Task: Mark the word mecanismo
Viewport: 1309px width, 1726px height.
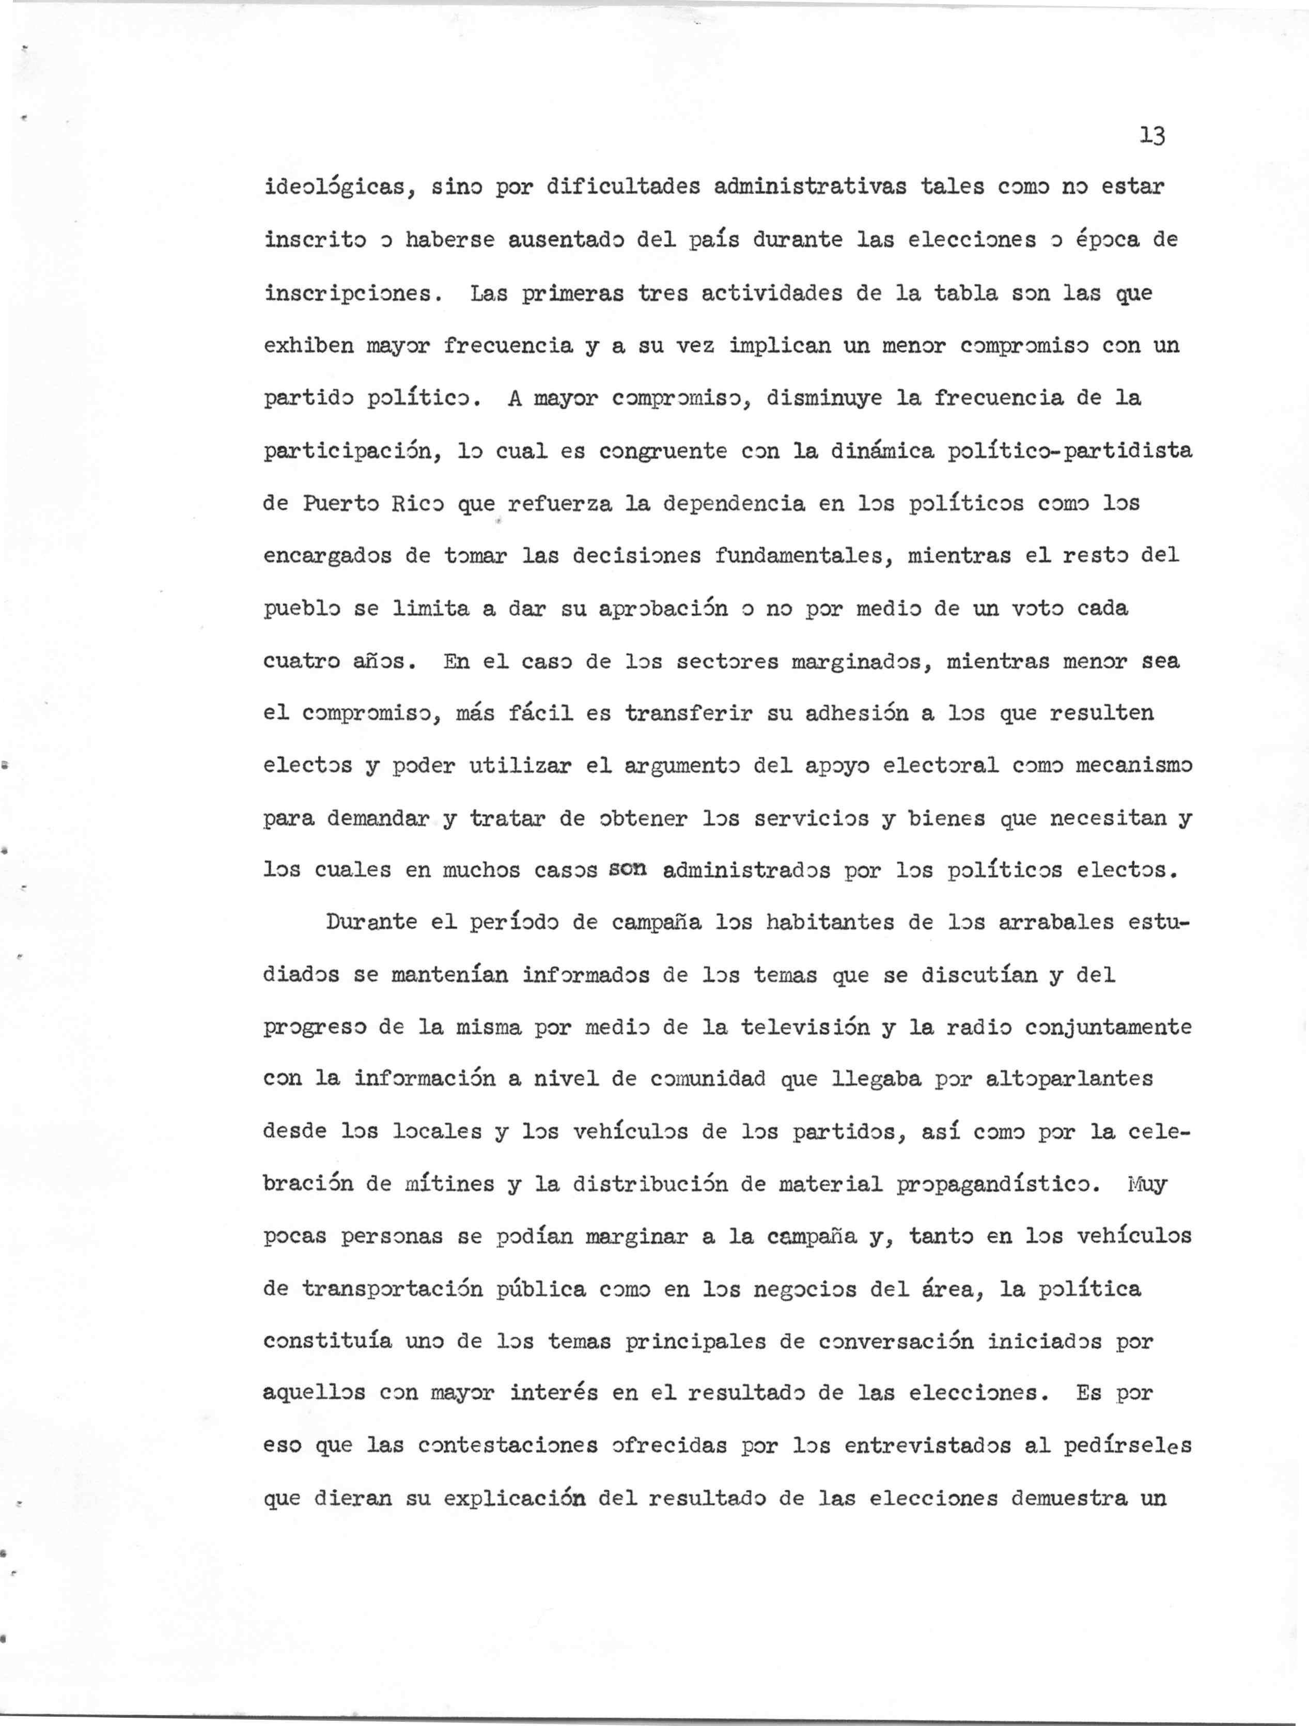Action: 1133,766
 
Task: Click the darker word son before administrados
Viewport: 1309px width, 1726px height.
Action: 628,869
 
